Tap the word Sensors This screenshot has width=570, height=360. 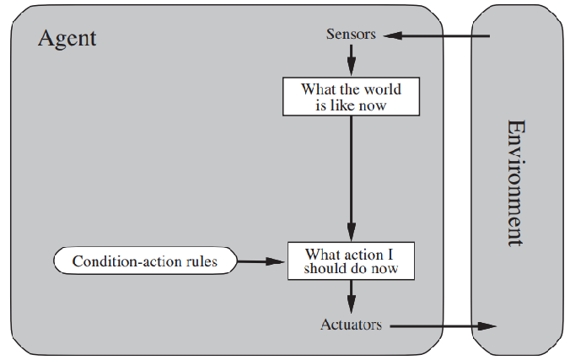click(351, 35)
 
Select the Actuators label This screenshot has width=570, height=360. click(351, 325)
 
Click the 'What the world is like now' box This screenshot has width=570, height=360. click(351, 97)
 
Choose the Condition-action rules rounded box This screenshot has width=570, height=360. click(144, 261)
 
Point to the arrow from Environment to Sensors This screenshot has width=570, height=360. click(438, 35)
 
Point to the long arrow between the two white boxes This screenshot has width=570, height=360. click(351, 177)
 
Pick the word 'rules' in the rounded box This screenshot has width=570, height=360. click(197, 261)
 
